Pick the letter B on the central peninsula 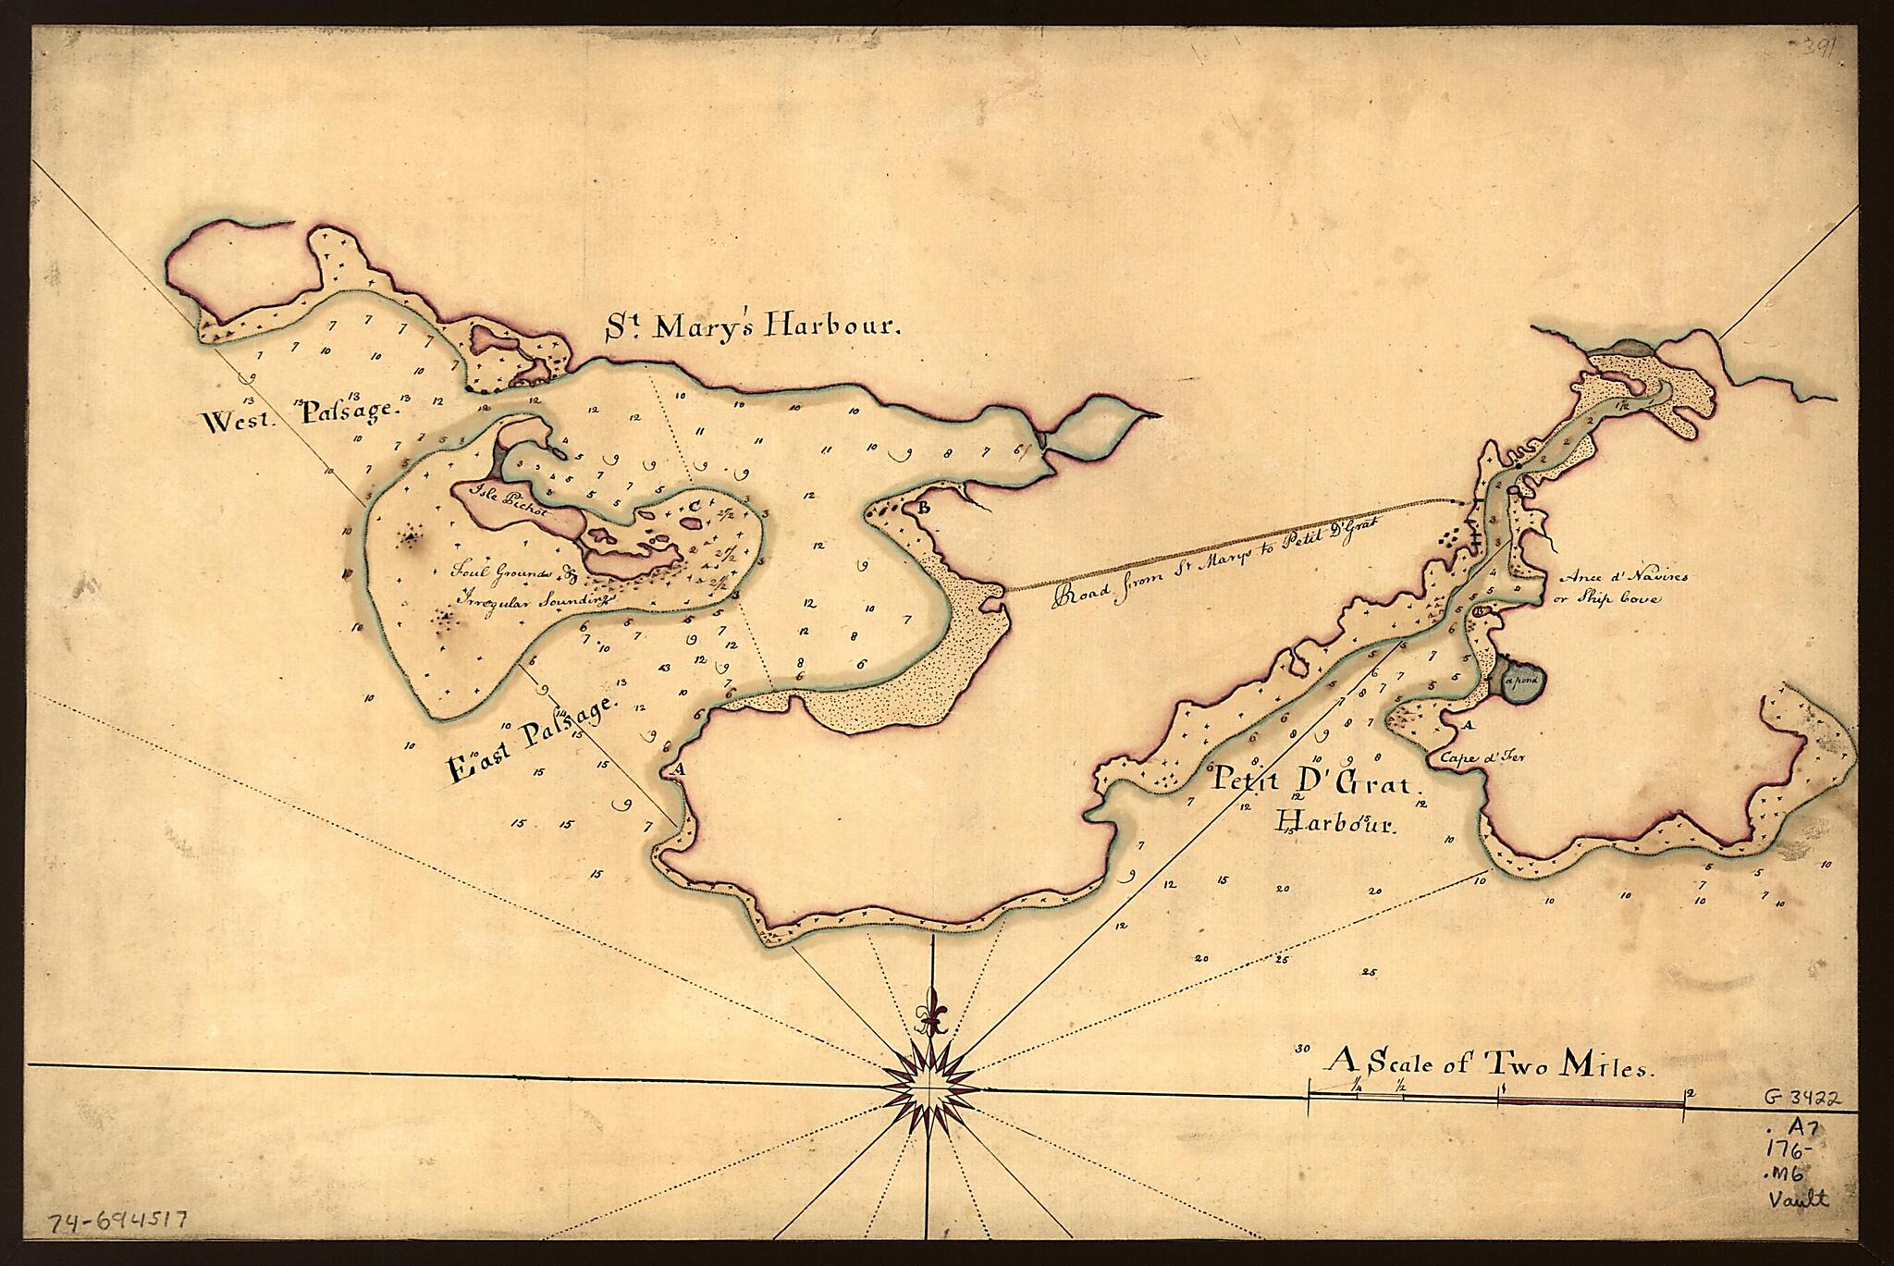[922, 507]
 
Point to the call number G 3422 [1801, 1100]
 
